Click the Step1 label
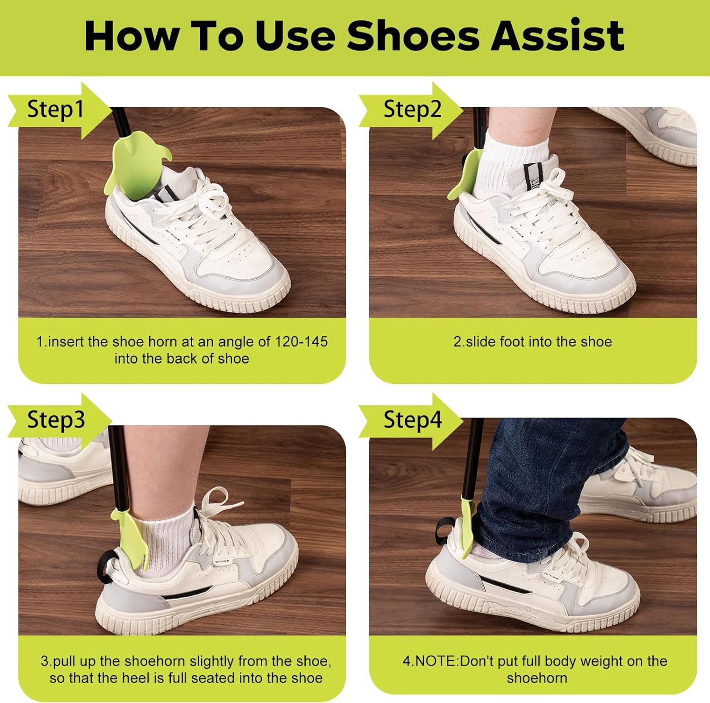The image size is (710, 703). tap(55, 109)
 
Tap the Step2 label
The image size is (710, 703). tap(412, 109)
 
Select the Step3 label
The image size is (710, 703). tap(56, 420)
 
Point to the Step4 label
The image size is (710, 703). tap(412, 420)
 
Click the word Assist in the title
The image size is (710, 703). tap(558, 36)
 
